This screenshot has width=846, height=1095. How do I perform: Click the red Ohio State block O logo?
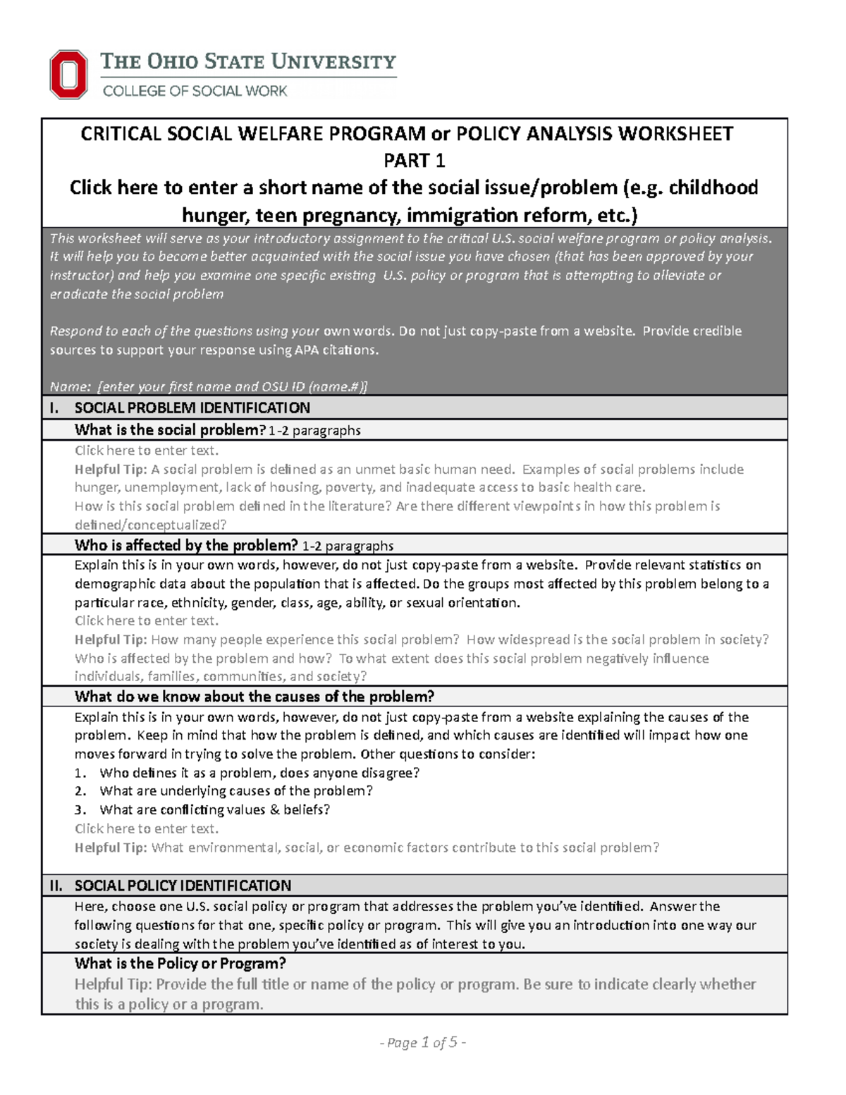click(x=68, y=74)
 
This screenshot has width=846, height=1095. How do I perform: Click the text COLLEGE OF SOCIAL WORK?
click(x=195, y=91)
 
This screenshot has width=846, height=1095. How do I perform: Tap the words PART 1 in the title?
click(x=414, y=161)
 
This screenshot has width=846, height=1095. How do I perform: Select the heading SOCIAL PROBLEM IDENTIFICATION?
click(x=192, y=408)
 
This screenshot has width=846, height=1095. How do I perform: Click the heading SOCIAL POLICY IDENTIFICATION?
click(x=183, y=886)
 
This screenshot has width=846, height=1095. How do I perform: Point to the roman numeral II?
click(x=56, y=886)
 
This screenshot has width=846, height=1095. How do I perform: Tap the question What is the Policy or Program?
click(x=180, y=963)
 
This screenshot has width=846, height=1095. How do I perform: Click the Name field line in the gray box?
click(x=209, y=386)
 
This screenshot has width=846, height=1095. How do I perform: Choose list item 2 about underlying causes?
click(x=235, y=791)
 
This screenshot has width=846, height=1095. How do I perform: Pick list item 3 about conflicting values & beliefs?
click(x=214, y=809)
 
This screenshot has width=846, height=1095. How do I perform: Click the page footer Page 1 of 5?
click(x=422, y=1042)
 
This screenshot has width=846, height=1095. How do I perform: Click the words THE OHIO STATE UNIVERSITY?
click(x=248, y=62)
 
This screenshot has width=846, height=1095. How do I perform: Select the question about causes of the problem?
click(x=254, y=697)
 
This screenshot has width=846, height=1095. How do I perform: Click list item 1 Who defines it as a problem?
click(x=259, y=773)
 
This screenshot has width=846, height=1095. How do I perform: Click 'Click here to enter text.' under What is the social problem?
click(x=147, y=451)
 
